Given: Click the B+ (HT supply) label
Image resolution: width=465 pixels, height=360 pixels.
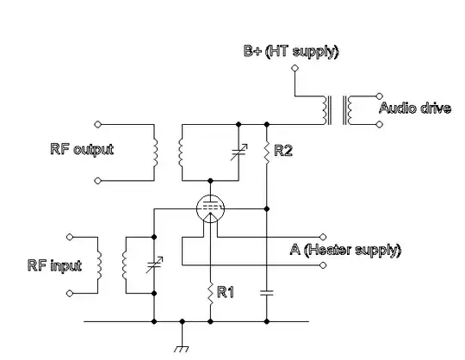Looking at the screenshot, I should (290, 52).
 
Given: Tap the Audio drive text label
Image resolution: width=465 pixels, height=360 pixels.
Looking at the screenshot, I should (415, 109).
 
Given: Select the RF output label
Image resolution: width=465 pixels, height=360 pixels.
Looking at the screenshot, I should (82, 149).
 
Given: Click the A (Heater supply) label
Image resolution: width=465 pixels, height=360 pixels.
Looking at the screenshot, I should (344, 250).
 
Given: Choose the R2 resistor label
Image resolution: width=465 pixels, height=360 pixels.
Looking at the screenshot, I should (283, 151).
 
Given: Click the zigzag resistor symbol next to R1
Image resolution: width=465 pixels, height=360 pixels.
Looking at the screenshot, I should (209, 294).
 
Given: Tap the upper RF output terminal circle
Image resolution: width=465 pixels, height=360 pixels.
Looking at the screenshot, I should (97, 123).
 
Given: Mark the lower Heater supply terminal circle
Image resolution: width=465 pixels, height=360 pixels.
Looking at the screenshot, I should (323, 266).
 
